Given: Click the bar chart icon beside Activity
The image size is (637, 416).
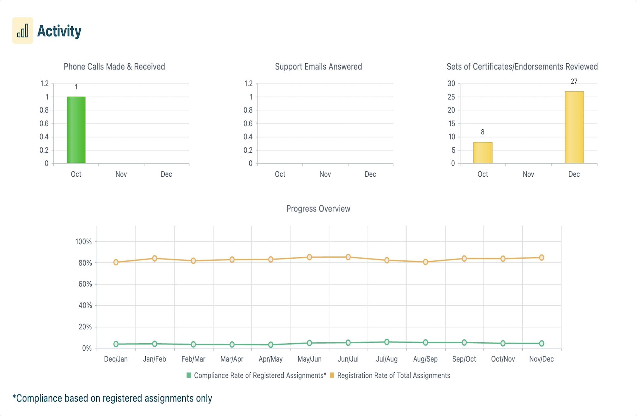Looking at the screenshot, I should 22,31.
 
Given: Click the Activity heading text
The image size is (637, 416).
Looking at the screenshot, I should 59,31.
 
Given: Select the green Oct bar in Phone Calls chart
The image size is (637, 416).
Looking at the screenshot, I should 76,130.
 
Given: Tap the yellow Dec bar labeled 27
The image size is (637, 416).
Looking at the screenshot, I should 574,127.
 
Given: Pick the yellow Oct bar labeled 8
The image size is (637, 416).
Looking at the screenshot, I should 482,153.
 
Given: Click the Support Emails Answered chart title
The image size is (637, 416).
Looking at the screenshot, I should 318,67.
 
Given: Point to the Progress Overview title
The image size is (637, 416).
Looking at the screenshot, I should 318,209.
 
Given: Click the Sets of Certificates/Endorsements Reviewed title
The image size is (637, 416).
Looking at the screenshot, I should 522,67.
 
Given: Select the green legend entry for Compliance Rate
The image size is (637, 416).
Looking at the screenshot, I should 256,376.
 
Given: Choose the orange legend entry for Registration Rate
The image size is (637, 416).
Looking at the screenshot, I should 390,376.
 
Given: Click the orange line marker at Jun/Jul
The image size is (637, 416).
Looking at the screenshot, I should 348,257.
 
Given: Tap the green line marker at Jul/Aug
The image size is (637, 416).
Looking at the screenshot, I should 387,342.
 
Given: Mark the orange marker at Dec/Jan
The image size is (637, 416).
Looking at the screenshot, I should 116,262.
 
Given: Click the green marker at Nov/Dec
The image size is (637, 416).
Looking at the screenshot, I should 542,343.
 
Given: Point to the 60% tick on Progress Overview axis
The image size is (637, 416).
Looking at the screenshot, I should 85,284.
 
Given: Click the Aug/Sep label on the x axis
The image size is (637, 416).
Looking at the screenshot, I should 425,359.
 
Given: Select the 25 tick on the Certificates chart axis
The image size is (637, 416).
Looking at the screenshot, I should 451,97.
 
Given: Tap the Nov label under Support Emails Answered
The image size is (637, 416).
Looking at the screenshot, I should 325,174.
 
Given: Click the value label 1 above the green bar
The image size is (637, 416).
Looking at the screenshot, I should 76,87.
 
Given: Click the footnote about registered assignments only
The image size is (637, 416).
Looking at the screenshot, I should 112,398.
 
